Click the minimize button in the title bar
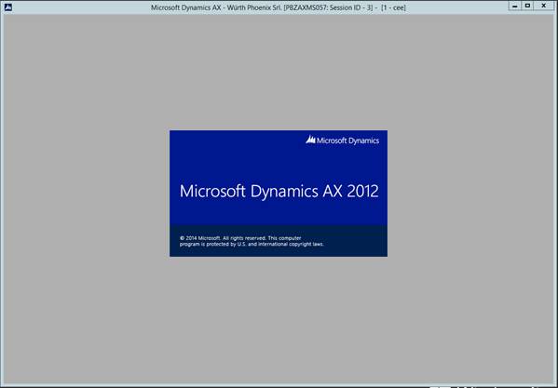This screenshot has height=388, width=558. [x=514, y=6]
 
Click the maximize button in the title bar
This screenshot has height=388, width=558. [x=527, y=6]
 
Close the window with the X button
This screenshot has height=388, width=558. [x=544, y=6]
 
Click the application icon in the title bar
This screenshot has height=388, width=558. [x=7, y=7]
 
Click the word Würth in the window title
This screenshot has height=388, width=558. [x=236, y=7]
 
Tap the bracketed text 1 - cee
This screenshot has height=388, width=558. [x=393, y=7]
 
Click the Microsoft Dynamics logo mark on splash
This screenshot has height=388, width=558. [x=310, y=140]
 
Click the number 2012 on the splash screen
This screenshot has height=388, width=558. [x=362, y=191]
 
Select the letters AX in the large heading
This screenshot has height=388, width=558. [x=333, y=191]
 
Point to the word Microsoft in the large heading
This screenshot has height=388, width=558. [x=212, y=191]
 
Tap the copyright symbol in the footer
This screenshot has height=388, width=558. [x=182, y=238]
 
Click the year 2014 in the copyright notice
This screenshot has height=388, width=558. [x=191, y=238]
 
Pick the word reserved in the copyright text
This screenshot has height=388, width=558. [x=254, y=238]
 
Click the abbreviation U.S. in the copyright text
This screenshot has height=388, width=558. [x=241, y=245]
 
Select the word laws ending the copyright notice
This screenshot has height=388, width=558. [x=319, y=245]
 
